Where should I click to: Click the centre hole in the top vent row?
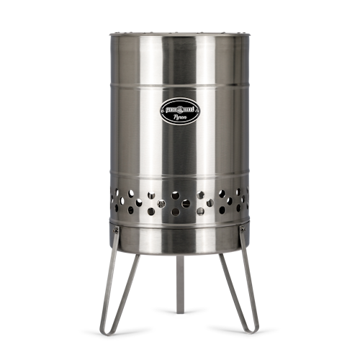pos(176,195)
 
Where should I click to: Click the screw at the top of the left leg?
pos(113,229)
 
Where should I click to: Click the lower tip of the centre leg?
pos(179,311)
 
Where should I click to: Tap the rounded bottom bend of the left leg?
pos(106,332)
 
